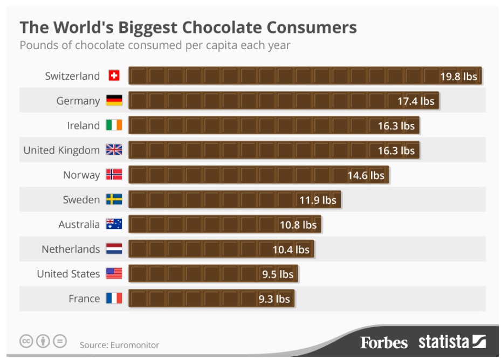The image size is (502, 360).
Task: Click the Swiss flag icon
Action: [114, 76]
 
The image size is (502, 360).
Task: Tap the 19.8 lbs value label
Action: [458, 77]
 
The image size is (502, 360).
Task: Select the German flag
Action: [114, 101]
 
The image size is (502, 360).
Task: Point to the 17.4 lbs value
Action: [416, 101]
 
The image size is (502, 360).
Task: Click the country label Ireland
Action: [83, 126]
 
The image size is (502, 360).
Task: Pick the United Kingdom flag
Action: [114, 150]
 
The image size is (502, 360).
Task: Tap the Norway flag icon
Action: [114, 175]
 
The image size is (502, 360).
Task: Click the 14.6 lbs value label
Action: [366, 176]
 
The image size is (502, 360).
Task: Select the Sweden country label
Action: [81, 200]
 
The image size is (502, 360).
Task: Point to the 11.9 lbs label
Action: [318, 200]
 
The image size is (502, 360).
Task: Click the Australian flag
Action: [114, 224]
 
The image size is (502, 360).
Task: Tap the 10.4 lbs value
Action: [291, 250]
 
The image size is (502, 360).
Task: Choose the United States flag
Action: [114, 274]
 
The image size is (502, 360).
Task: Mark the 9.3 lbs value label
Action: [274, 299]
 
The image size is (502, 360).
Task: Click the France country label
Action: [84, 299]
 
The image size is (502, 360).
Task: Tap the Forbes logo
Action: [384, 342]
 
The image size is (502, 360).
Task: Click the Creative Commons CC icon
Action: [26, 341]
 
